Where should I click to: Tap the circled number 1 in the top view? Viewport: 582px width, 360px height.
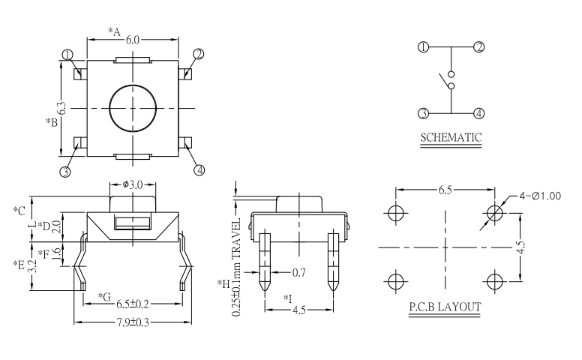pyautogui.click(x=67, y=55)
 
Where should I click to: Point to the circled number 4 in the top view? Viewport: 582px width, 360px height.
pyautogui.click(x=199, y=169)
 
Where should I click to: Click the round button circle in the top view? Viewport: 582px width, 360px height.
pyautogui.click(x=132, y=107)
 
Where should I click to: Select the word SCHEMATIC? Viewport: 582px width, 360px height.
pyautogui.click(x=451, y=137)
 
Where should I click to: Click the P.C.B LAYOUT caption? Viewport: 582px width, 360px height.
pyautogui.click(x=445, y=307)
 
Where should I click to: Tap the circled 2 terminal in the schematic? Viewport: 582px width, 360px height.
pyautogui.click(x=478, y=46)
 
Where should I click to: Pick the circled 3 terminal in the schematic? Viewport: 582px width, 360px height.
pyautogui.click(x=423, y=113)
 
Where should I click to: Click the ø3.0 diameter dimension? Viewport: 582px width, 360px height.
pyautogui.click(x=132, y=184)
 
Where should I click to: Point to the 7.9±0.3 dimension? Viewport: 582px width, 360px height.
pyautogui.click(x=132, y=322)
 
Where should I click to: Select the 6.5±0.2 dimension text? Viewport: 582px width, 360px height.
pyautogui.click(x=132, y=304)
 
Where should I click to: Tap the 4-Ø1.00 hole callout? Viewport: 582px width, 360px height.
pyautogui.click(x=541, y=196)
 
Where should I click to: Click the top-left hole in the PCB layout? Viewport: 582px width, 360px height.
pyautogui.click(x=395, y=213)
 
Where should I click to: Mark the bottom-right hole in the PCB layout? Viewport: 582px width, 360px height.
pyautogui.click(x=494, y=280)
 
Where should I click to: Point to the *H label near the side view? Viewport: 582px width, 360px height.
pyautogui.click(x=223, y=283)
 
